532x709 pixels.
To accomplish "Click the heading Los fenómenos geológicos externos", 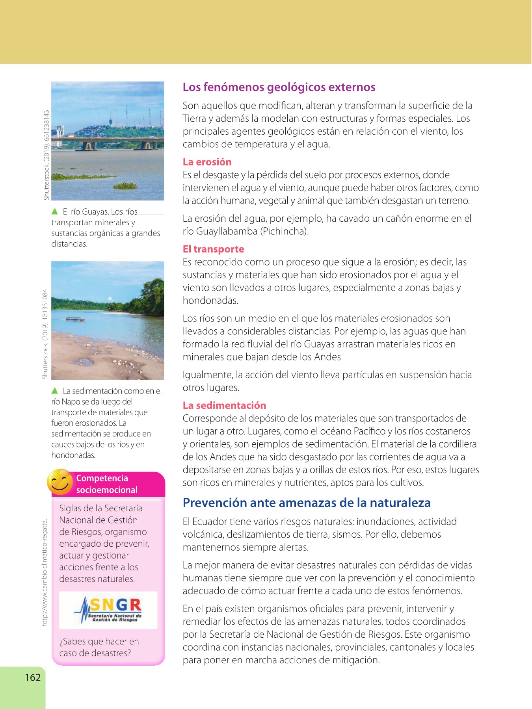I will point(279,87).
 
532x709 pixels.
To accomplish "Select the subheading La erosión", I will point(207,162).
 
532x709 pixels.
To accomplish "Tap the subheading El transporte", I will point(213,249).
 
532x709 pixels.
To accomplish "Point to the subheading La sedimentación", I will point(224,405).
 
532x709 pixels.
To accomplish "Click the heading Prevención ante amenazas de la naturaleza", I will point(307,503).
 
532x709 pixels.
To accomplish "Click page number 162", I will point(33,677).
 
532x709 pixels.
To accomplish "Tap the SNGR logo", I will point(108,610).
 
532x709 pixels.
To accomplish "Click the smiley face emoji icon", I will point(60,482).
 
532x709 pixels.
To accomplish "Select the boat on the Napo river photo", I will point(75,319).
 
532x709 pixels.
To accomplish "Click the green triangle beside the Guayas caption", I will point(55,212).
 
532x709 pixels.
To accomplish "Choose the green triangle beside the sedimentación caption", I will point(55,391).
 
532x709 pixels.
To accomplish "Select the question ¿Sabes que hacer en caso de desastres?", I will point(99,647).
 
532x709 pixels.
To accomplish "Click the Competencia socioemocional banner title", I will point(107,484).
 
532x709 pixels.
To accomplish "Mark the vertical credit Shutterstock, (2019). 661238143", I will point(47,155).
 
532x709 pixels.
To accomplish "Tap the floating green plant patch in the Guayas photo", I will point(125,186).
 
